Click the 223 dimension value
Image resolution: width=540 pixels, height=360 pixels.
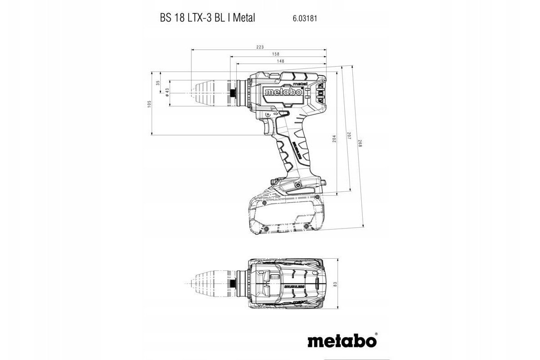(x=260, y=47)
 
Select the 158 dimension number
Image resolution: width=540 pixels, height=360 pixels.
(x=276, y=54)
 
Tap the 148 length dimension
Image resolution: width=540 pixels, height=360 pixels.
(x=281, y=61)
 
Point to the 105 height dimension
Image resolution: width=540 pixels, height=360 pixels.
(x=149, y=104)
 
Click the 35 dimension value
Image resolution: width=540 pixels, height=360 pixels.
(x=158, y=83)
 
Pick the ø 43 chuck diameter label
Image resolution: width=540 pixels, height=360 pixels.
(x=167, y=92)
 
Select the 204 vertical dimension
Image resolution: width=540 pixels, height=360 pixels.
(x=334, y=139)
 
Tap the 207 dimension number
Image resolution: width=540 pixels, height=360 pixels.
(x=349, y=135)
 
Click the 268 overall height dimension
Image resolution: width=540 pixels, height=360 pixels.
(x=360, y=144)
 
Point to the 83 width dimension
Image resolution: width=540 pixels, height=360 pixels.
(x=335, y=284)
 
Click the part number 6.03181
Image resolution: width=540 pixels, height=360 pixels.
(x=305, y=18)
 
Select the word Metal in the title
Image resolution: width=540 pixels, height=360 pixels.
(x=244, y=18)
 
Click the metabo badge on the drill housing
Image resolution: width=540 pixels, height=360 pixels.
(x=283, y=92)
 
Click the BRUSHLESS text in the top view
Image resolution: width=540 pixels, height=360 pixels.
(x=294, y=287)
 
